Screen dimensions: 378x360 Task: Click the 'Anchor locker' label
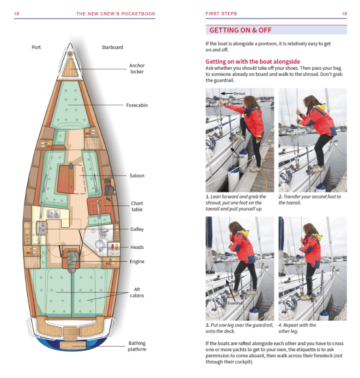pos(137,69)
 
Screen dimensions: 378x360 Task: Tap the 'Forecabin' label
pos(137,105)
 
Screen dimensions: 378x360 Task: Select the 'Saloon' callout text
pos(137,176)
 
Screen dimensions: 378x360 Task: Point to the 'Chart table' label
pos(137,206)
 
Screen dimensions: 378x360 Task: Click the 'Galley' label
pos(137,229)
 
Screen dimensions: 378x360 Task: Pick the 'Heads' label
pos(137,247)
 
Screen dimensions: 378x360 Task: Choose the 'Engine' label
pos(137,262)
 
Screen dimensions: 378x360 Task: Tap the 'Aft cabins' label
pos(137,293)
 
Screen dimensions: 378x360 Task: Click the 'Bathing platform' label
pos(137,346)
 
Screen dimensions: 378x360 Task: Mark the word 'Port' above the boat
pos(37,48)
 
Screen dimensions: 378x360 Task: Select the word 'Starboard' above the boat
pos(112,48)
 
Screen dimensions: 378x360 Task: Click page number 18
pos(17,14)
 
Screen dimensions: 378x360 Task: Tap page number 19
pos(344,14)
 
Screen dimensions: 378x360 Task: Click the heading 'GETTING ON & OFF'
pos(240,30)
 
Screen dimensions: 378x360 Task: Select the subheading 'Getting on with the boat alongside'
pos(253,61)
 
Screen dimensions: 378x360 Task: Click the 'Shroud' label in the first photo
pos(239,93)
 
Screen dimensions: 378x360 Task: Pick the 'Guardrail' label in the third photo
pos(235,303)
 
